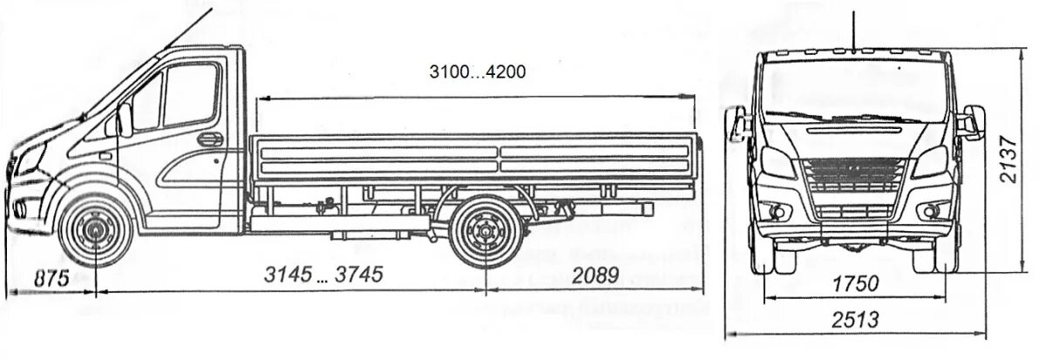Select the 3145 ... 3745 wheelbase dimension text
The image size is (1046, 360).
pyautogui.click(x=323, y=275)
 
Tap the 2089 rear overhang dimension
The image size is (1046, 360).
pyautogui.click(x=596, y=275)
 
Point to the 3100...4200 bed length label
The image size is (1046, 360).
pyautogui.click(x=478, y=71)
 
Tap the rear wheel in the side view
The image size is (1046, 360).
pyautogui.click(x=482, y=233)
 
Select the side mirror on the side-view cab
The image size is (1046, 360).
pyautogui.click(x=125, y=120)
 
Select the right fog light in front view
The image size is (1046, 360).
pyautogui.click(x=932, y=210)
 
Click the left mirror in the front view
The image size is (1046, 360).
pyautogui.click(x=738, y=125)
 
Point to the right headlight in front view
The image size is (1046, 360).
pyautogui.click(x=931, y=163)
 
